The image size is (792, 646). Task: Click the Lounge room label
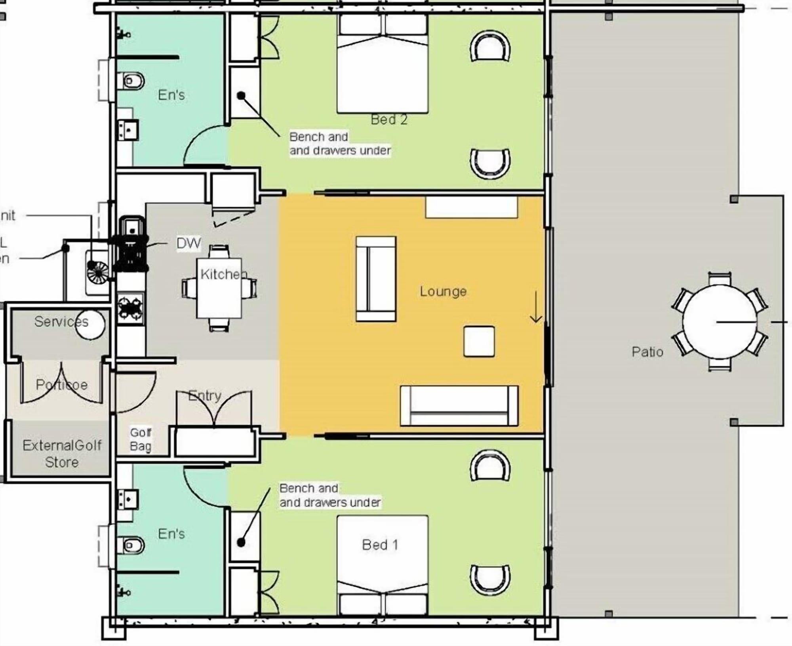(443, 292)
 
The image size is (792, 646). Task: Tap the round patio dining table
(720, 321)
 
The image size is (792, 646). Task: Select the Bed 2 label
(388, 120)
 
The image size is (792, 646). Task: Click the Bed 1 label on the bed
(379, 545)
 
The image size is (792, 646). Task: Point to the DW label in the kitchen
(188, 243)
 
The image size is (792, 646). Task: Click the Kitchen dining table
(219, 288)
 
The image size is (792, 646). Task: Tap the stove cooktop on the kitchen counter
(130, 308)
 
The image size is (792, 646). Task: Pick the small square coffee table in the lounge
(479, 341)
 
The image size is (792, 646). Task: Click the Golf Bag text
(141, 439)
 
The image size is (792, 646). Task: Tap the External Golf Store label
(62, 454)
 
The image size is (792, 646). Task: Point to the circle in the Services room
(90, 324)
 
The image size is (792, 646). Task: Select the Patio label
(647, 351)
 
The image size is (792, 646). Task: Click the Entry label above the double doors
(204, 395)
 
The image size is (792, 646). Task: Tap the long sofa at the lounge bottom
(459, 406)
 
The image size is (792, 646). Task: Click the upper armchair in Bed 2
(490, 46)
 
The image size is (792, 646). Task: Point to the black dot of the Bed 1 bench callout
(241, 542)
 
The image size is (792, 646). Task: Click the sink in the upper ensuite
(128, 129)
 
